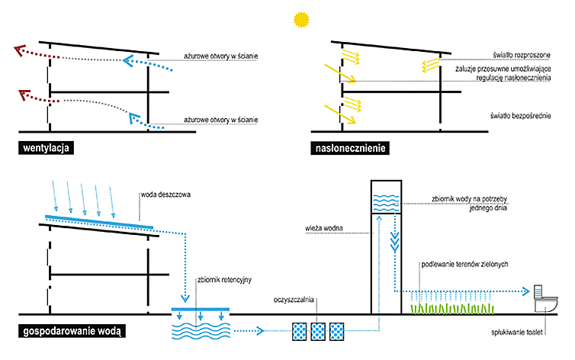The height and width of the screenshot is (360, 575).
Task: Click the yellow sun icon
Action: point(301,20)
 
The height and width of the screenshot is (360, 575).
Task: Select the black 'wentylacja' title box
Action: point(46,148)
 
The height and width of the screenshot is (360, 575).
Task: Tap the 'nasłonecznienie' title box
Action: point(350,148)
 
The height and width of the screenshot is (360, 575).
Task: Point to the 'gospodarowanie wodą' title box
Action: point(72,331)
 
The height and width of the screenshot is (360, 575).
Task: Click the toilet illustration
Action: point(546,299)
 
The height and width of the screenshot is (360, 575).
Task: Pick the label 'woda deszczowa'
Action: point(165,194)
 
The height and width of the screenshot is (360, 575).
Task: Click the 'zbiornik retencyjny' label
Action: point(224,280)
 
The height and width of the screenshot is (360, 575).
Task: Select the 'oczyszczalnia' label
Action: point(294,300)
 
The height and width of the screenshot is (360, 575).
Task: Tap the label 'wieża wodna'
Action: point(324,228)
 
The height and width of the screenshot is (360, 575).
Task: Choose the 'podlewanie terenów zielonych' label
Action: point(464,265)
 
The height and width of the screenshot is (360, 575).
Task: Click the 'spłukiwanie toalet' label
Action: point(517,333)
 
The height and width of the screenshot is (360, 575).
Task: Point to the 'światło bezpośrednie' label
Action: point(520,116)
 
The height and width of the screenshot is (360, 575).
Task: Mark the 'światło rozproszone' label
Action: point(522,55)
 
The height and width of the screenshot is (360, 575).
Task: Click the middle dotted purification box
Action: point(318,332)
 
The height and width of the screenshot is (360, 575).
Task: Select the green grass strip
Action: point(451,309)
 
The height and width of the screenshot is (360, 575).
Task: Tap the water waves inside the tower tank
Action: point(386,203)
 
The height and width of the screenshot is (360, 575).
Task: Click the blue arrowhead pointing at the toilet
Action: point(526,292)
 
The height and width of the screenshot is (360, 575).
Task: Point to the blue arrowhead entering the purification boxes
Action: point(260,331)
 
